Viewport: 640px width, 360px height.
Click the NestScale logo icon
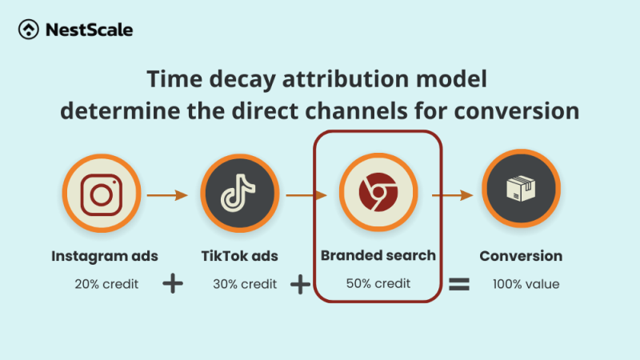(28, 30)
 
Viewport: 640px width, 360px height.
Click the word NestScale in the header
(89, 30)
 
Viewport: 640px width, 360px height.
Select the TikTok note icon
(240, 194)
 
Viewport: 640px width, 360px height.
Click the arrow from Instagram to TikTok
(170, 194)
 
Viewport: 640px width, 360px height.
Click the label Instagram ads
(105, 256)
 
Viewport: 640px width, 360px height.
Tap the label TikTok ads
(239, 256)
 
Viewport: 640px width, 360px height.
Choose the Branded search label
(378, 256)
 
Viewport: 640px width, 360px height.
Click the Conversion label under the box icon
(521, 256)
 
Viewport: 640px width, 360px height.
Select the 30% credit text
(244, 283)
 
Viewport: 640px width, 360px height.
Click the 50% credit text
(378, 283)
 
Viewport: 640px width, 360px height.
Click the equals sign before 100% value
(458, 284)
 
